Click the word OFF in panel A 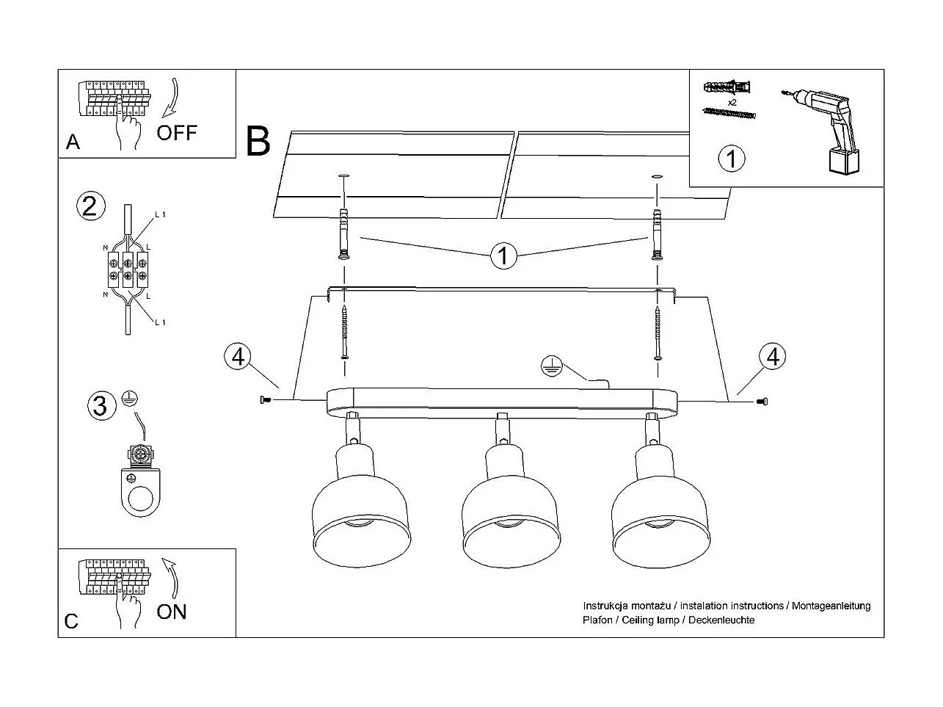point(177,133)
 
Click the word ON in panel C point(172,611)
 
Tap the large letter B point(258,142)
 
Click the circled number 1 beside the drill point(731,159)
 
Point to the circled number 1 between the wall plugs point(503,256)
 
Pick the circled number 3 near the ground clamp point(101,405)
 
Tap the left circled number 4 point(237,358)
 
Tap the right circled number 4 point(772,357)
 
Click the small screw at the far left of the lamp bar point(265,399)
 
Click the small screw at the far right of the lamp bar point(762,401)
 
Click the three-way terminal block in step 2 point(128,269)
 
